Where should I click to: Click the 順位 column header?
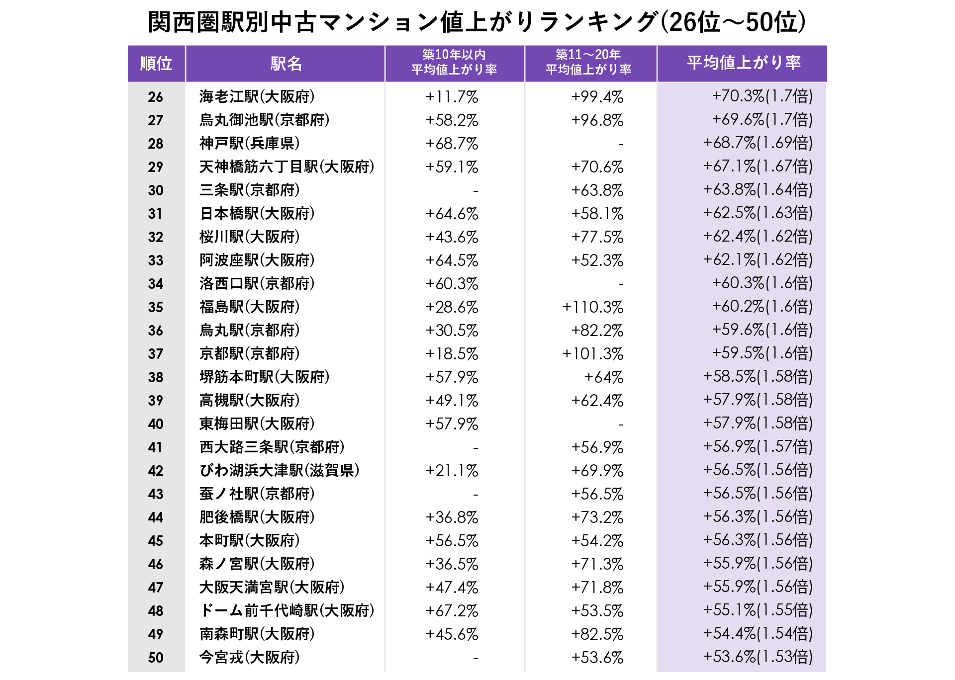(156, 64)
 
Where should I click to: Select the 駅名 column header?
(286, 64)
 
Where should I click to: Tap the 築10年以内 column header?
(454, 62)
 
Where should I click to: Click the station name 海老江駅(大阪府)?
(257, 96)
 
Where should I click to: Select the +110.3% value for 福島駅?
(592, 307)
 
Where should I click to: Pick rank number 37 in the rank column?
(156, 354)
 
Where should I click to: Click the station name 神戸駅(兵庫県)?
(249, 143)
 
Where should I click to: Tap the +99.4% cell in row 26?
(597, 96)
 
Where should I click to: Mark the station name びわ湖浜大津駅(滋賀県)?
(279, 470)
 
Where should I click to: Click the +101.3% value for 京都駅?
(592, 354)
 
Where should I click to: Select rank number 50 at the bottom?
(156, 658)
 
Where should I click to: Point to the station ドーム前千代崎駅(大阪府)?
(286, 610)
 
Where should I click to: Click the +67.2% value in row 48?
(452, 611)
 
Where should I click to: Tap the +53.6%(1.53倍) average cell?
(757, 657)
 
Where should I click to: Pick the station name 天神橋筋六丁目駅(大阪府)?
(286, 167)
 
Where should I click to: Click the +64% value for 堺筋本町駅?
(603, 377)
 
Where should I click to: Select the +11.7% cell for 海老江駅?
(452, 96)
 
